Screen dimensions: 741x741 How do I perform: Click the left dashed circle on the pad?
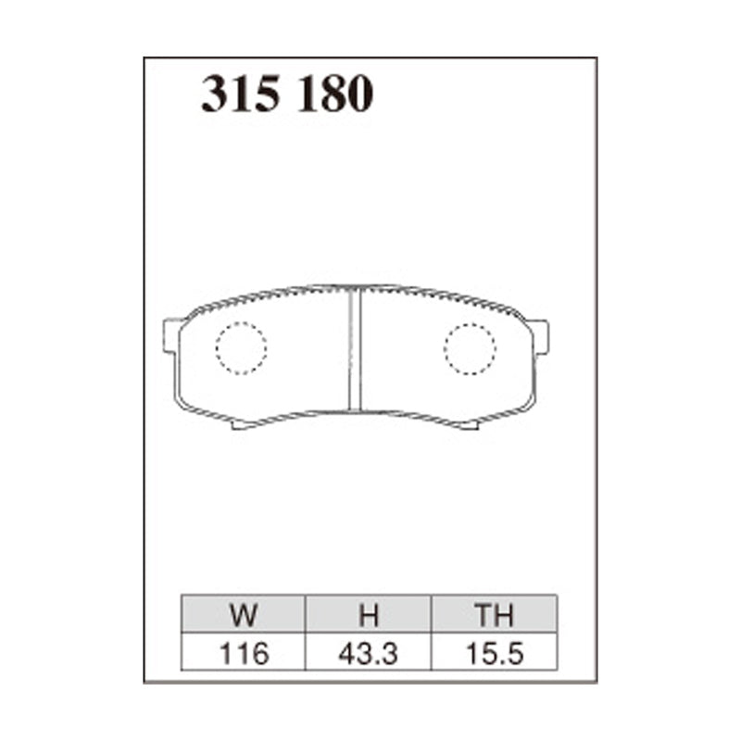(241, 348)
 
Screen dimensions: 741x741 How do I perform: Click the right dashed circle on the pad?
(470, 348)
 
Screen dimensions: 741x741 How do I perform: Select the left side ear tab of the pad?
(171, 335)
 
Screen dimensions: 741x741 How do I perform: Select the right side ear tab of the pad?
(539, 336)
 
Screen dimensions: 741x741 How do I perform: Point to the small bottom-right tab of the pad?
(469, 425)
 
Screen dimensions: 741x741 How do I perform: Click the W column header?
(245, 615)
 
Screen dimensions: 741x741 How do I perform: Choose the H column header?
(369, 615)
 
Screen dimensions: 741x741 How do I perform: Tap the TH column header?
(494, 615)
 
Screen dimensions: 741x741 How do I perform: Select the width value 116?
(245, 653)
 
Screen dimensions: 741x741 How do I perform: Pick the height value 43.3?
(369, 653)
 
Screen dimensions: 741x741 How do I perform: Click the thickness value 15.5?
(494, 653)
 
